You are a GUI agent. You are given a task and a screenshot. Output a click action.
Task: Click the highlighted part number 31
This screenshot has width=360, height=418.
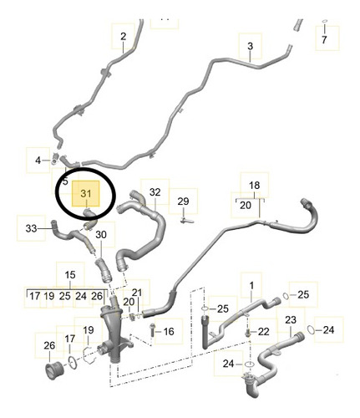click(x=86, y=193)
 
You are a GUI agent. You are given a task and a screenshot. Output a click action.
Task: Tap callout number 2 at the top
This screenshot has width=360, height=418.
click(x=124, y=36)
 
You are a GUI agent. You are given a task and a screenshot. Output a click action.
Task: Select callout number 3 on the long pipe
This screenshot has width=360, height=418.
click(x=250, y=46)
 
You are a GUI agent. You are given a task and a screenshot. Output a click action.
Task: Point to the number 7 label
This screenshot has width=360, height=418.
click(x=324, y=39)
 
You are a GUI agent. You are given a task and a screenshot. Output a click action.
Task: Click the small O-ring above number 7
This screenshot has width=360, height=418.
click(x=324, y=21)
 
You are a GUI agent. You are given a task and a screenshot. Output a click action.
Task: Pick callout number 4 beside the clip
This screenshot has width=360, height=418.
click(x=38, y=161)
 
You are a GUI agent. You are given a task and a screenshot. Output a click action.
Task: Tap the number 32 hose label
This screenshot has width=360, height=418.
click(x=155, y=192)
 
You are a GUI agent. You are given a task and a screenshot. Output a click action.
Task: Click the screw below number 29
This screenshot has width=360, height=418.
click(x=186, y=221)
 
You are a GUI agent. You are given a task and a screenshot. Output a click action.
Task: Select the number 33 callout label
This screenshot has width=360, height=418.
click(x=31, y=228)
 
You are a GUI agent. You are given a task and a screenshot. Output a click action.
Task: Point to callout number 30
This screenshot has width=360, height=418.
click(x=101, y=235)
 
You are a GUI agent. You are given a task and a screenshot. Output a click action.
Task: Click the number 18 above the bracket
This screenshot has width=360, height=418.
click(x=254, y=186)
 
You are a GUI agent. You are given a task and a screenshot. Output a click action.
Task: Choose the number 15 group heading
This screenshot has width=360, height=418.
click(x=70, y=275)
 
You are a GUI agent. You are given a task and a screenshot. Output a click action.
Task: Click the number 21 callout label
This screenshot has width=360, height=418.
click(x=137, y=293)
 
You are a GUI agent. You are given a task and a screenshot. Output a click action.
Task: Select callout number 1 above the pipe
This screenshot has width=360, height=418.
click(x=251, y=286)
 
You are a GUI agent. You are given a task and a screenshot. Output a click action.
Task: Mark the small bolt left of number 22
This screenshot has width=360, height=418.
click(x=248, y=332)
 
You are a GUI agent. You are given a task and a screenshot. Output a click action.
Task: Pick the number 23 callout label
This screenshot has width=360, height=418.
click(x=291, y=320)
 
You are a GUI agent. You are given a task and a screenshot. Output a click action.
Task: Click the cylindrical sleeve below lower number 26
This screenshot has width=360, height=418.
click(x=54, y=370)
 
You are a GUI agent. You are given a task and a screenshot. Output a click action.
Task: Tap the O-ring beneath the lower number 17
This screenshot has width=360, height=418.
click(x=72, y=363)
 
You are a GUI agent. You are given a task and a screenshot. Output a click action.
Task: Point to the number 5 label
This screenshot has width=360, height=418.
click(x=65, y=181)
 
